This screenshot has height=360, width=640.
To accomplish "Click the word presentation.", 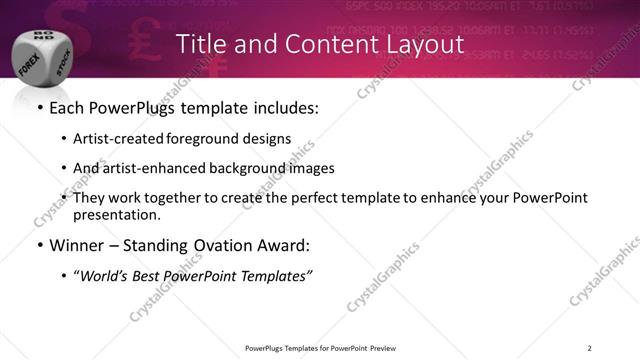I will tap(116, 214).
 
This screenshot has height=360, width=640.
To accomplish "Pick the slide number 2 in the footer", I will tap(590, 347).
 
